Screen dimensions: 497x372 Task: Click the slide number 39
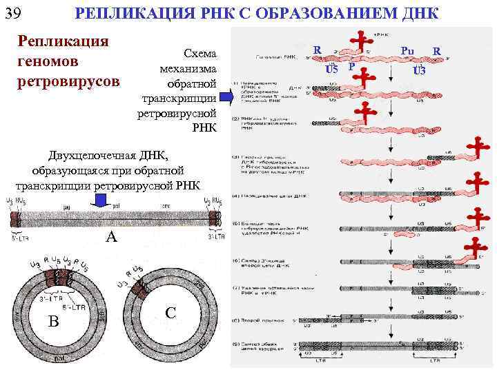pos(14,13)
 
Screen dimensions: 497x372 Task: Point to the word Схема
pos(198,54)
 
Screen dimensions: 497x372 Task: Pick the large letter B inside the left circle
pos(53,320)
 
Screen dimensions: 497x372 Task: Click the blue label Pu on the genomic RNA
pos(407,51)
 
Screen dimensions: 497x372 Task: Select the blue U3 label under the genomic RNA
pos(419,70)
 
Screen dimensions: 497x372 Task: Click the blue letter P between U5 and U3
pos(351,67)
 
